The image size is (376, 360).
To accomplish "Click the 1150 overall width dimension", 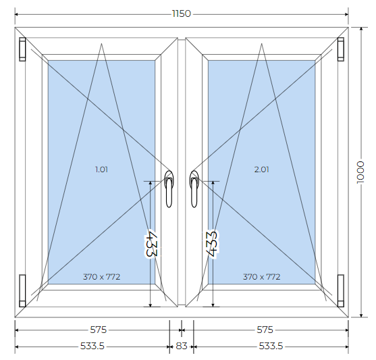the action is (182, 14).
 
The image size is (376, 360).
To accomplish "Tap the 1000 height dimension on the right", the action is (360, 172).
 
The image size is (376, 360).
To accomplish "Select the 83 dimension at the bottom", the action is (182, 346).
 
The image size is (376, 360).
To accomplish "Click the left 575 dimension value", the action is (98, 330).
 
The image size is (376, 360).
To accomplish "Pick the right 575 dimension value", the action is (265, 330).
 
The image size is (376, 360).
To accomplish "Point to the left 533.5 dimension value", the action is (92, 346).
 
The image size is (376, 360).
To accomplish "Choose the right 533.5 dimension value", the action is (271, 346).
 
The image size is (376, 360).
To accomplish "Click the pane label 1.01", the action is (101, 170).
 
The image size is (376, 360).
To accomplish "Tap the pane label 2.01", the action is (262, 170).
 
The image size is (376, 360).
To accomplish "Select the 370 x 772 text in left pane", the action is (101, 277).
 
